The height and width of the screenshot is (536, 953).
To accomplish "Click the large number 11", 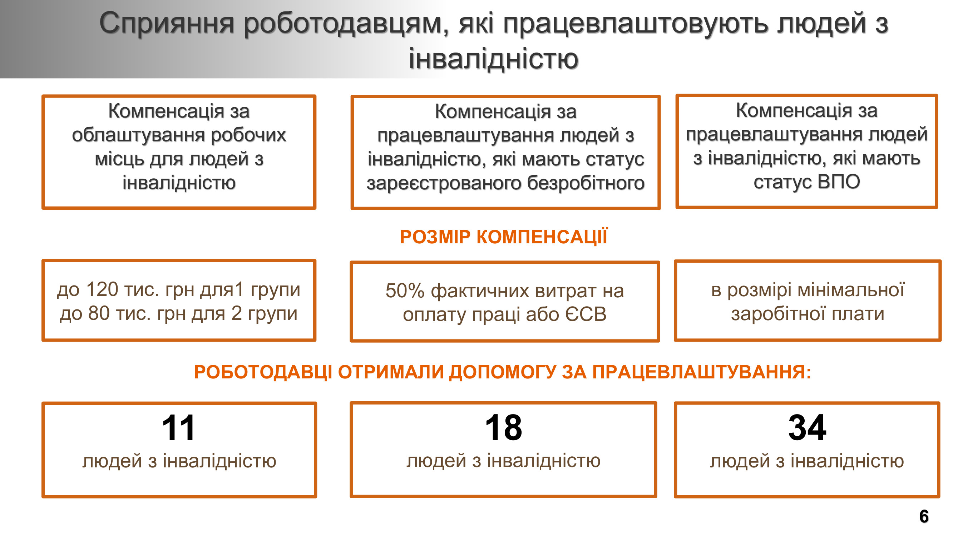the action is pyautogui.click(x=178, y=428).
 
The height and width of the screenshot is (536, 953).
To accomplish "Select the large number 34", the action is pyautogui.click(x=807, y=428).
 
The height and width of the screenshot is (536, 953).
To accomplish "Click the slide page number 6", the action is pyautogui.click(x=924, y=516).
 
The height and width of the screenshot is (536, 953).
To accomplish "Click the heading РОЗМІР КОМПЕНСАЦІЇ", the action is pyautogui.click(x=504, y=237).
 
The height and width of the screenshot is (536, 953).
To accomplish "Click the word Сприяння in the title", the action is pyautogui.click(x=167, y=24).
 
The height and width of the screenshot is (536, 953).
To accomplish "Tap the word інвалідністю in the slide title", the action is pyautogui.click(x=493, y=59).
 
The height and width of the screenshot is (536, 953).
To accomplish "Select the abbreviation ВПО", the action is pyautogui.click(x=839, y=182).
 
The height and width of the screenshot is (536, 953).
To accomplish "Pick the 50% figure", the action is pyautogui.click(x=405, y=291).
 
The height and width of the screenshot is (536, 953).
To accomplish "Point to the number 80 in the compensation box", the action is pyautogui.click(x=99, y=313).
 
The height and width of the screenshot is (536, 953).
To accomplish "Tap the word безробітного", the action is pyautogui.click(x=586, y=183).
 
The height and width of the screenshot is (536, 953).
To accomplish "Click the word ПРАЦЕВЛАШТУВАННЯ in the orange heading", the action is pyautogui.click(x=701, y=372).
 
